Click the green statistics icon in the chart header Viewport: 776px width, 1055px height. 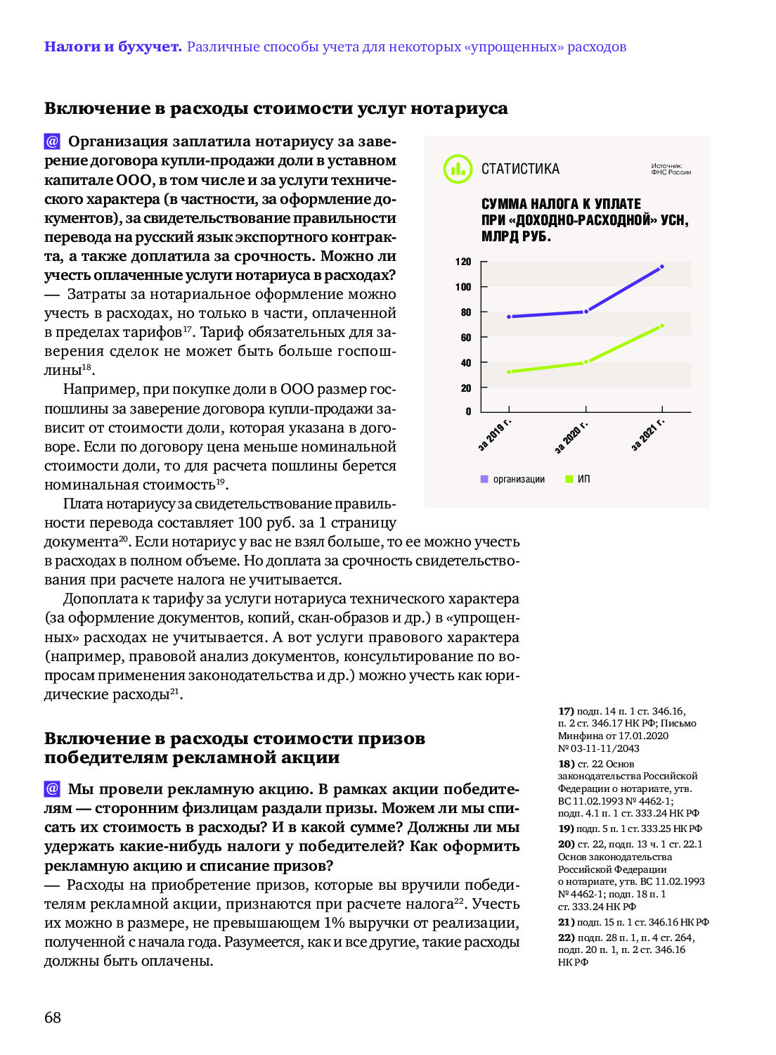457,169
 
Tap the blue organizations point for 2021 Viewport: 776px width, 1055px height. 661,267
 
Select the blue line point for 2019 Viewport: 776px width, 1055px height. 509,316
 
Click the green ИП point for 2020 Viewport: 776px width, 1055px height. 586,362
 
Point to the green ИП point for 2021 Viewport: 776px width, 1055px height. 661,326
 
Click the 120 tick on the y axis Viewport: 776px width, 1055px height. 463,262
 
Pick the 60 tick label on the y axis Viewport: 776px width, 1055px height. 465,338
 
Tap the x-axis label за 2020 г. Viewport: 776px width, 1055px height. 571,437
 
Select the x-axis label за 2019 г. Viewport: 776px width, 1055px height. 494,436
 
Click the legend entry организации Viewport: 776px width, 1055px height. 518,479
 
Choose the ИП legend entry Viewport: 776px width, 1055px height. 583,479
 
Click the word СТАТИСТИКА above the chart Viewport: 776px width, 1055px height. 520,169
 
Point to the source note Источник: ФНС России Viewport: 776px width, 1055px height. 671,169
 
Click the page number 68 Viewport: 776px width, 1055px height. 53,1018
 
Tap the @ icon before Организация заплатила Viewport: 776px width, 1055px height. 52,141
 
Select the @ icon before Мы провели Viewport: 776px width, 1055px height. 52,788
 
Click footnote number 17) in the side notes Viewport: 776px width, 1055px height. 566,711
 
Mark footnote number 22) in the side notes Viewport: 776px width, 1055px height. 566,938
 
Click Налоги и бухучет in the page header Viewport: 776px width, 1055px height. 112,47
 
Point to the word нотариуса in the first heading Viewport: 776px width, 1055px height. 459,108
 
